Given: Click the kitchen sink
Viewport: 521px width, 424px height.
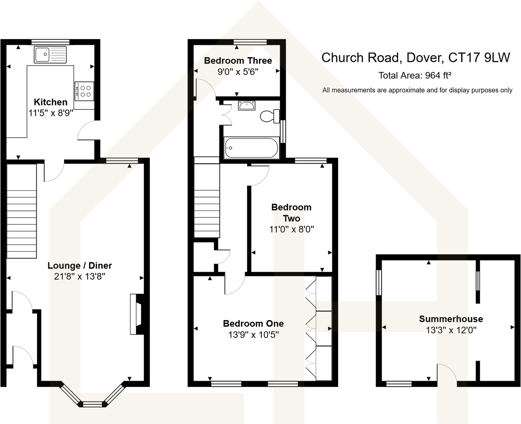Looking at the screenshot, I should [x=50, y=55].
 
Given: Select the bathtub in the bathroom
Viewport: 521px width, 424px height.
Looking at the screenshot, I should [x=251, y=148].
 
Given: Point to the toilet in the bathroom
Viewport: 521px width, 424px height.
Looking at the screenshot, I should [x=270, y=116].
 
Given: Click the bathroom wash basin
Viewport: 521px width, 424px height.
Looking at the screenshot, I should [x=246, y=106].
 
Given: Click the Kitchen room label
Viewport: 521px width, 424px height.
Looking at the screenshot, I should [x=50, y=102].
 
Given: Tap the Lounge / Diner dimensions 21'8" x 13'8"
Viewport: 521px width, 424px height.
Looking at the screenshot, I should [x=79, y=277].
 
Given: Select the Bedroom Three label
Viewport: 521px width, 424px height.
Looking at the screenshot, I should [x=238, y=61].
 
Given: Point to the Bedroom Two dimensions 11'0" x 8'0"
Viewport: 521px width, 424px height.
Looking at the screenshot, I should [x=291, y=230].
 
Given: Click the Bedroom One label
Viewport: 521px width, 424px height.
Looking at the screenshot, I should [x=253, y=323].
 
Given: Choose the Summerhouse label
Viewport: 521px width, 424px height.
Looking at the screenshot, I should [x=451, y=319].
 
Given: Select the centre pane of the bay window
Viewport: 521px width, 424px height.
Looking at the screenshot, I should [x=93, y=403].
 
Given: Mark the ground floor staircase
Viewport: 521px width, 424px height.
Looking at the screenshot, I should [x=22, y=211].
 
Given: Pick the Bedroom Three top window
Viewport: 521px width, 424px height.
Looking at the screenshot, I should [x=250, y=41].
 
